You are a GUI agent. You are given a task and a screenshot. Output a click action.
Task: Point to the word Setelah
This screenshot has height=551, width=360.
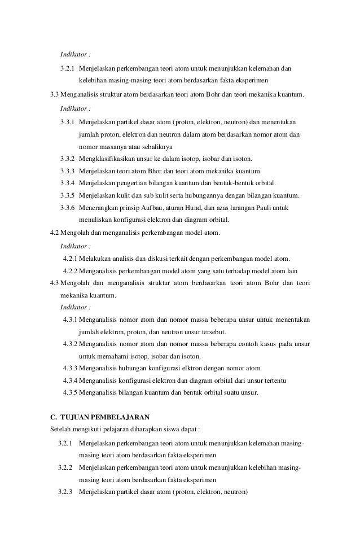point(61,430)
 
